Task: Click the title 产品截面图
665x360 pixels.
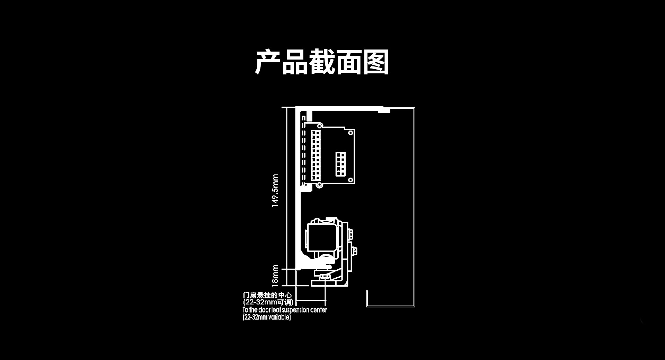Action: pos(322,62)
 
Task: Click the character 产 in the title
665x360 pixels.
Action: pos(268,62)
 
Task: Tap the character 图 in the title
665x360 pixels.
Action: pos(376,62)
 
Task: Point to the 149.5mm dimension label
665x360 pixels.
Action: pos(275,191)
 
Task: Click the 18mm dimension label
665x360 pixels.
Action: pos(275,276)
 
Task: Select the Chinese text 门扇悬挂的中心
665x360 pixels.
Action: pos(267,296)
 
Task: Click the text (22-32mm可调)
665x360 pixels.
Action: pos(268,302)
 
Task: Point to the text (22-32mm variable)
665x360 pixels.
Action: pos(267,317)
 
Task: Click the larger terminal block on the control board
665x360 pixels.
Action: pos(315,155)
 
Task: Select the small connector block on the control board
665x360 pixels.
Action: pos(340,164)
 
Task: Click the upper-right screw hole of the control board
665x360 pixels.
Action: pos(351,133)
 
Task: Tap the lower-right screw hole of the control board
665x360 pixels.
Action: pos(351,180)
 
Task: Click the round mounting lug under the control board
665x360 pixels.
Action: pos(319,185)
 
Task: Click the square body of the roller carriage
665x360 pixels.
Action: pos(321,237)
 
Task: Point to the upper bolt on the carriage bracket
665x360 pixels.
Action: pos(351,234)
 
